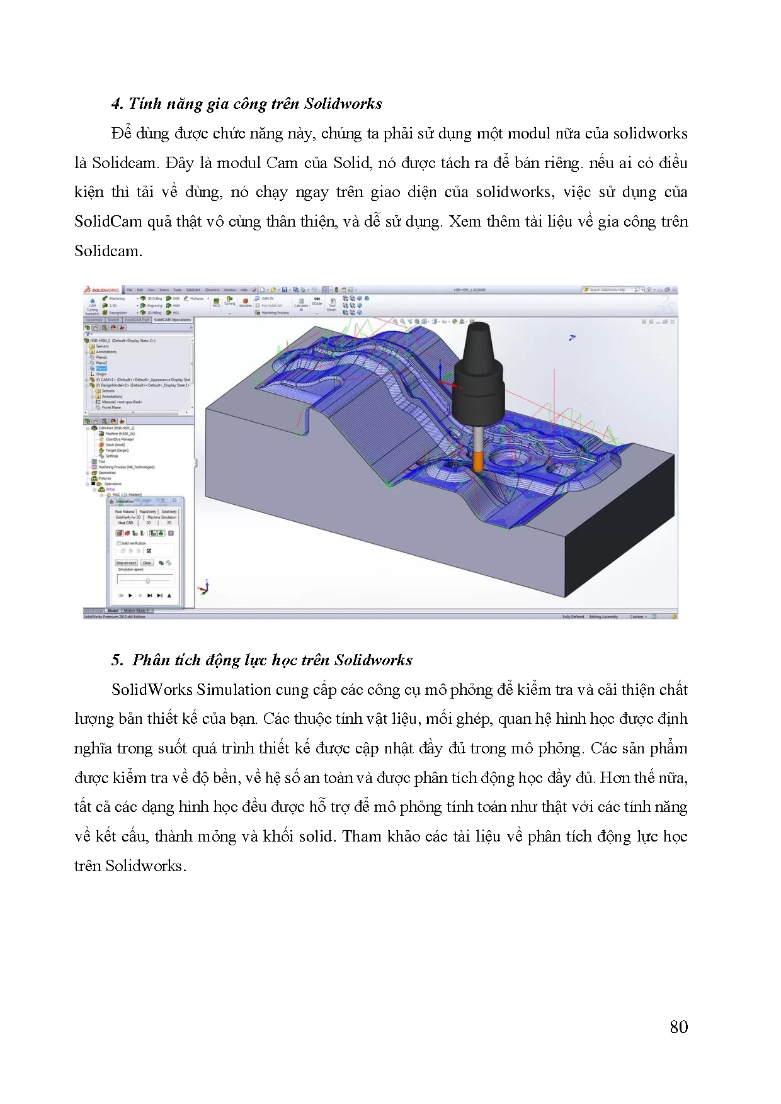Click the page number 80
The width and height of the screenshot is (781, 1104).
(678, 1027)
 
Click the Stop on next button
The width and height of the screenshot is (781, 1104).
(126, 563)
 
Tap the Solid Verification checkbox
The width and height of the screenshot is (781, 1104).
(119, 543)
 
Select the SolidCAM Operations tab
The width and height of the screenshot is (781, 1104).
(172, 320)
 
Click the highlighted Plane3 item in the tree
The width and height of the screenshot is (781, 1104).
(101, 369)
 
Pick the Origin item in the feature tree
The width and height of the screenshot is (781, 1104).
(101, 375)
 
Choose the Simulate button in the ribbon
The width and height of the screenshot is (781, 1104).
(245, 302)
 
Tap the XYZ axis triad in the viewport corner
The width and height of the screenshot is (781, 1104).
(203, 587)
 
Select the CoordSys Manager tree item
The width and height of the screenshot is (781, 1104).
(120, 439)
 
